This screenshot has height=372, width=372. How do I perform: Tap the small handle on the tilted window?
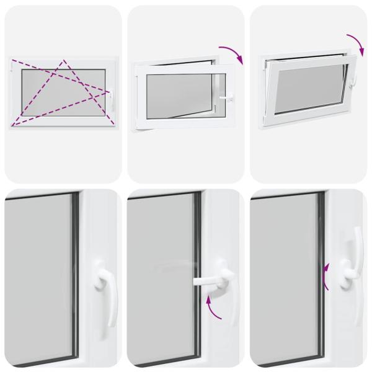pyautogui.click(x=355, y=81)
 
